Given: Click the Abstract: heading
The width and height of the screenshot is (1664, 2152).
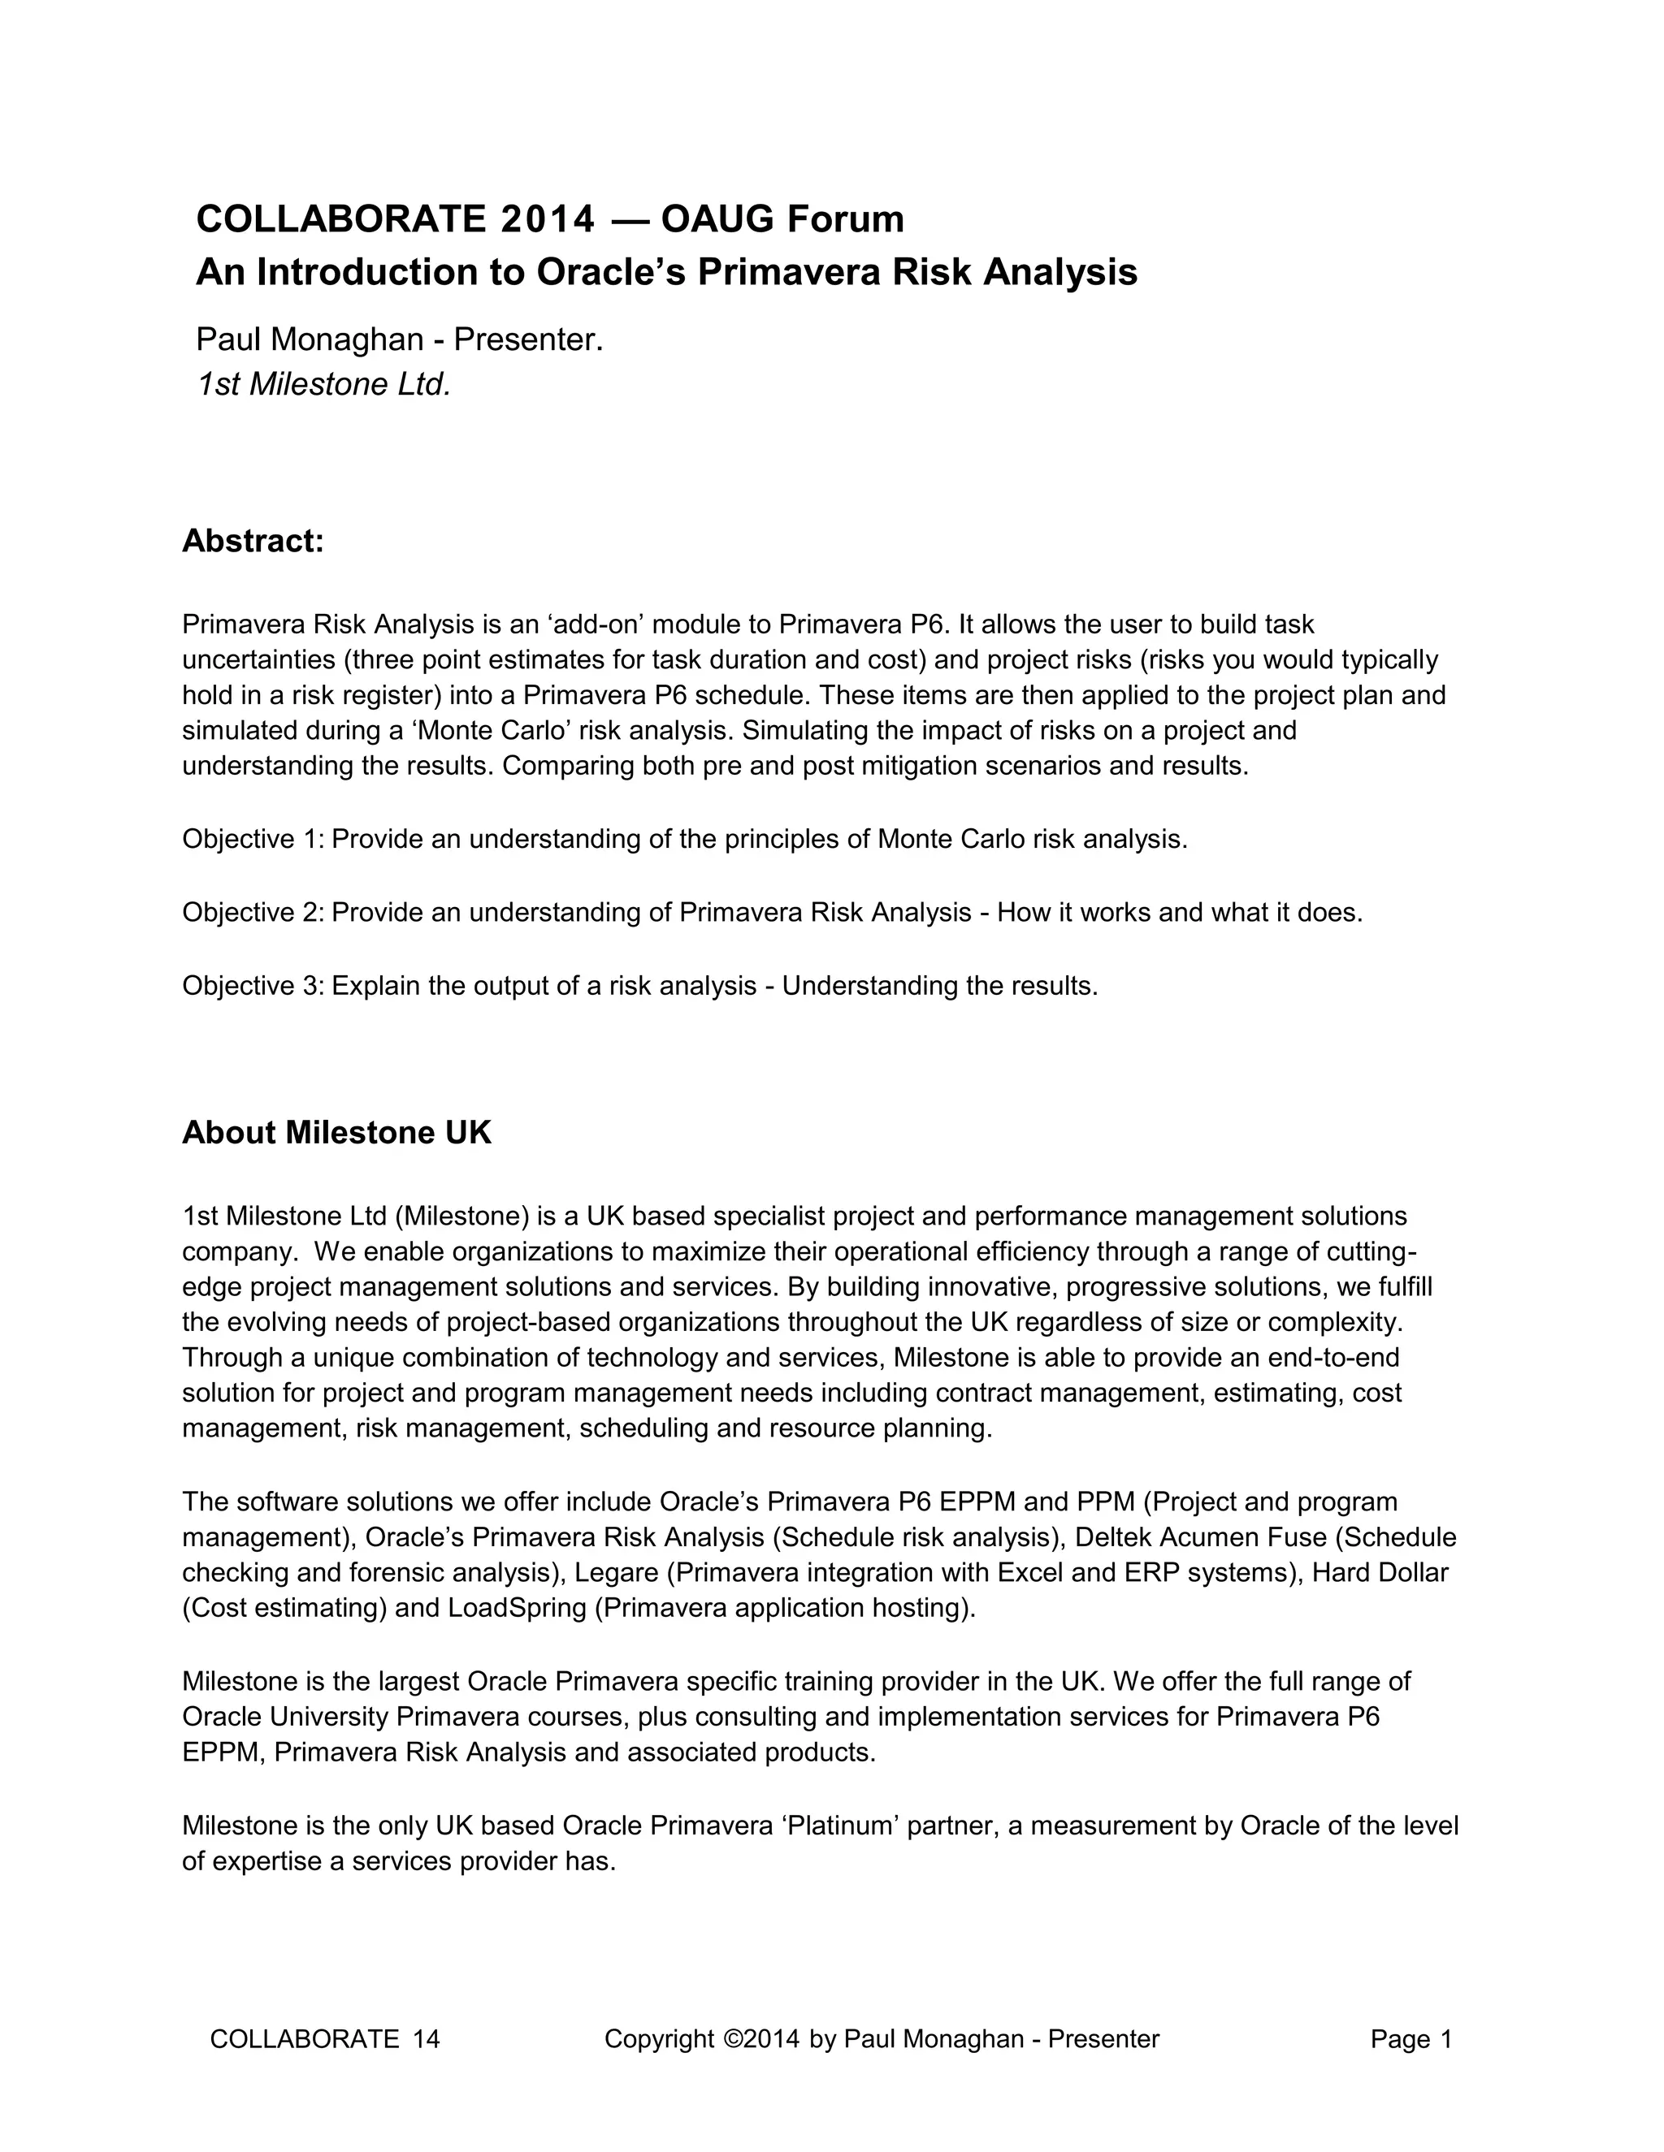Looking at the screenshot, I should point(253,541).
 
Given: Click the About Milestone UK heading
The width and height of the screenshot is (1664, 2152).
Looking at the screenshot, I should point(336,1132).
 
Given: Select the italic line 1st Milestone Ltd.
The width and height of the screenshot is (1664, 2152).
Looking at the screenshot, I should point(323,384).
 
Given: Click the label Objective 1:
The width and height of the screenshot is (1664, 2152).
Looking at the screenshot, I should point(253,840).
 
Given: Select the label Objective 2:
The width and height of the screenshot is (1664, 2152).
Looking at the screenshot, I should point(253,913).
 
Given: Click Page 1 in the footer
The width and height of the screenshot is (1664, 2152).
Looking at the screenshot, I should point(1410,2040).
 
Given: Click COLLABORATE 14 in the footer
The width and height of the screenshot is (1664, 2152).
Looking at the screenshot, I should point(324,2040).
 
